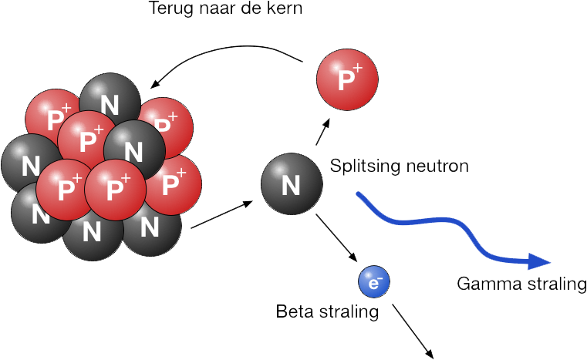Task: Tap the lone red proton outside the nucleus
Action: [347, 79]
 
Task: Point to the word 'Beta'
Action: [293, 312]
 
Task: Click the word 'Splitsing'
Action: [362, 166]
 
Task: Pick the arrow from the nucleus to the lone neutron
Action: [222, 214]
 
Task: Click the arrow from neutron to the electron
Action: [336, 240]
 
